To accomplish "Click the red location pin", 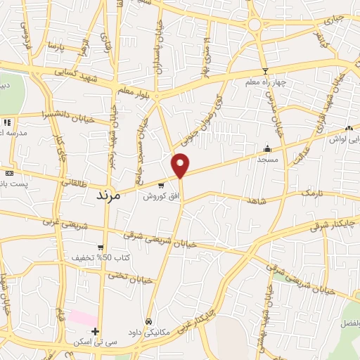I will tap(181, 165).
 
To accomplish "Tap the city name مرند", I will tap(108, 196).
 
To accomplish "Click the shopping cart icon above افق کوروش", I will tap(161, 185).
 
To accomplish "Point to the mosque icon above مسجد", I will tap(267, 149).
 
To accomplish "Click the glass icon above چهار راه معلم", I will tap(265, 70).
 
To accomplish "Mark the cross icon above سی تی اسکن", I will tap(96, 331).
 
